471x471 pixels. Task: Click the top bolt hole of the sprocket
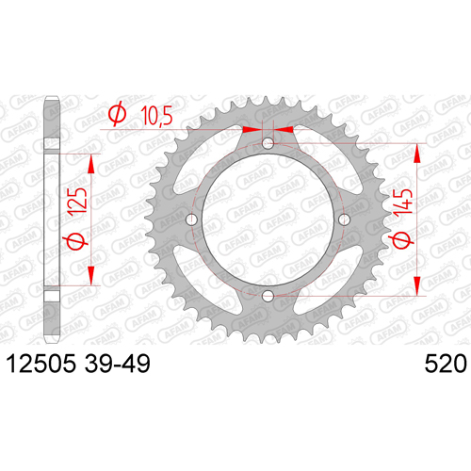pyautogui.click(x=268, y=143)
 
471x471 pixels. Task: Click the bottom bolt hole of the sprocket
pyautogui.click(x=268, y=296)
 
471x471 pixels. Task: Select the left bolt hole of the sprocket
pyautogui.click(x=192, y=219)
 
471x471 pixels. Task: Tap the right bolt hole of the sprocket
pyautogui.click(x=344, y=219)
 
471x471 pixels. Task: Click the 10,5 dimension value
pyautogui.click(x=156, y=116)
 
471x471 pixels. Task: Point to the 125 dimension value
pyautogui.click(x=77, y=202)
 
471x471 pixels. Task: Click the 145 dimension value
pyautogui.click(x=404, y=203)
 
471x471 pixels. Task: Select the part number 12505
pyautogui.click(x=41, y=364)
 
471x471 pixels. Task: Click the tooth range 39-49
pyautogui.click(x=118, y=364)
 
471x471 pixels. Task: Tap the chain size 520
pyautogui.click(x=446, y=364)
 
